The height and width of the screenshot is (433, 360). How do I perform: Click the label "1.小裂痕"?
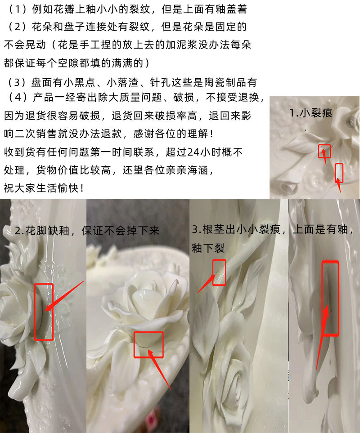tap(311, 112)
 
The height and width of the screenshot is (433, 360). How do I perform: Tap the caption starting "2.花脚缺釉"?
tap(87, 231)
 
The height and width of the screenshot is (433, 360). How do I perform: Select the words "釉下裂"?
tap(208, 248)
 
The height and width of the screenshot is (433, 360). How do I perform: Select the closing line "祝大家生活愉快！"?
tap(44, 187)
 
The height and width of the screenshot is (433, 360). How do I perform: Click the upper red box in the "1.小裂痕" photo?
tap(324, 151)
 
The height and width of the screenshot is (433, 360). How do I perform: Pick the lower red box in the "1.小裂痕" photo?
tap(339, 173)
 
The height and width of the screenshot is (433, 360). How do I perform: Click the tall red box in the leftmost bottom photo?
tap(44, 311)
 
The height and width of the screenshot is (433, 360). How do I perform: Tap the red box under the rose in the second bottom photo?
tap(148, 344)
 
